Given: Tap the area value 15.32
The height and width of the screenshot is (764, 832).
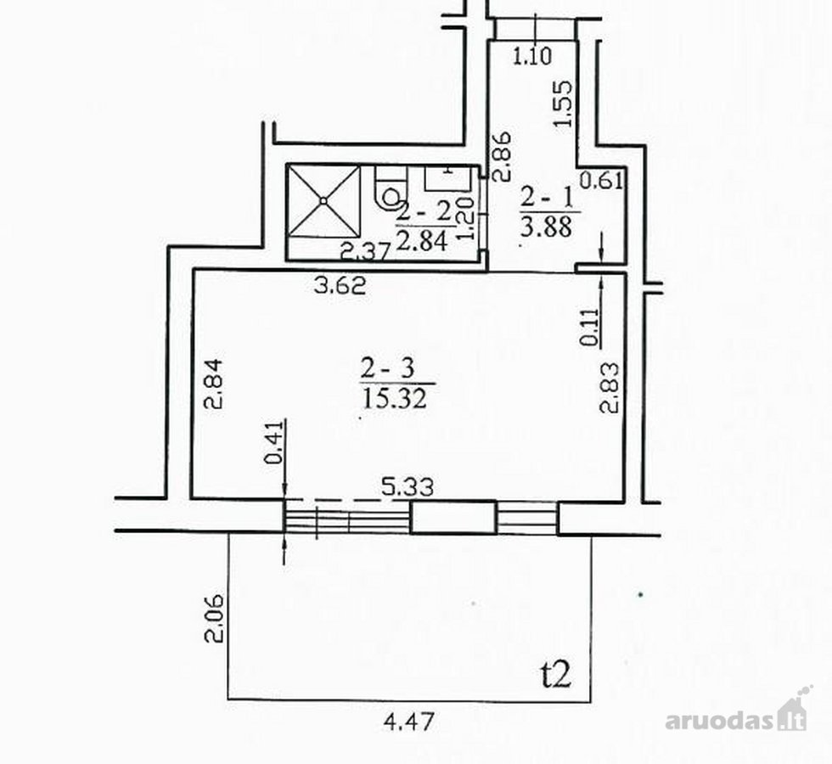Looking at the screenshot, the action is (x=394, y=398).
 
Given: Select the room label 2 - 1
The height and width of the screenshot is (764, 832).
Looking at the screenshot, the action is (x=547, y=199).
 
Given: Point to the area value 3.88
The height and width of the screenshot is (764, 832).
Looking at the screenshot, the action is (x=546, y=228).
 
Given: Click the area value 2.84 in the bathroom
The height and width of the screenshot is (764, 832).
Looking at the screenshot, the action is (x=422, y=242).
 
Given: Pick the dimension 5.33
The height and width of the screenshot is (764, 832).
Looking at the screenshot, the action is (x=408, y=486).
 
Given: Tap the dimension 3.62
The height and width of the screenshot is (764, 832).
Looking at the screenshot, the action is (x=340, y=287).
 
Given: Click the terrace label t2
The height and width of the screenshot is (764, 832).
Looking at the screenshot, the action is (x=555, y=676).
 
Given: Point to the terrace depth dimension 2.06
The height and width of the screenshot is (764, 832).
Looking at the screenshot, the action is (x=214, y=619).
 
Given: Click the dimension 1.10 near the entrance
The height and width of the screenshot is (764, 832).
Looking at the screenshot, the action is (x=532, y=56).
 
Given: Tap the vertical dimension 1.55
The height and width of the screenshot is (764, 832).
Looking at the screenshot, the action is (x=563, y=103).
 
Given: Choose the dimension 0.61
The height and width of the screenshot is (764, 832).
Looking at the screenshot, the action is (x=601, y=181).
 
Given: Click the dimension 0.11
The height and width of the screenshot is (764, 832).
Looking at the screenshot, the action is (x=589, y=328).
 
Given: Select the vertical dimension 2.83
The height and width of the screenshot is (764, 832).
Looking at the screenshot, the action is (x=610, y=387).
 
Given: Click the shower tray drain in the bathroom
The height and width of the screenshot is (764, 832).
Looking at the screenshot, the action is (x=323, y=200).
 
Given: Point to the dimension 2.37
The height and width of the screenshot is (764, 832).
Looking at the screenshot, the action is (x=365, y=250).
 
